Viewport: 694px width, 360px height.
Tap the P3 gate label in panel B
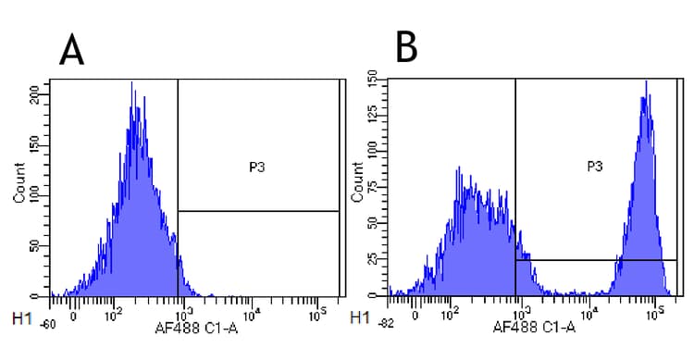pyautogui.click(x=595, y=167)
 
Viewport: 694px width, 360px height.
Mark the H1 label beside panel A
pyautogui.click(x=19, y=318)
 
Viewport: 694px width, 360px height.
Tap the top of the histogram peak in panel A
pyautogui.click(x=132, y=83)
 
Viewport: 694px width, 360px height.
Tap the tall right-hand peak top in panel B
pyautogui.click(x=646, y=82)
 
